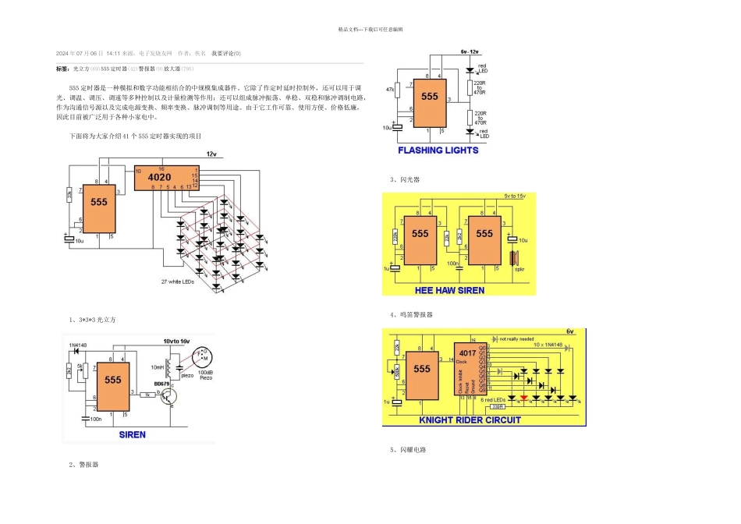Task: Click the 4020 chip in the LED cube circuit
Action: point(165,179)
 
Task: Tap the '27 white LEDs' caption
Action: point(177,281)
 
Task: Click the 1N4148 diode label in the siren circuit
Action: point(79,344)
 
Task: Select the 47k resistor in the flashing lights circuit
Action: point(398,91)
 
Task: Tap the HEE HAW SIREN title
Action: point(449,290)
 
